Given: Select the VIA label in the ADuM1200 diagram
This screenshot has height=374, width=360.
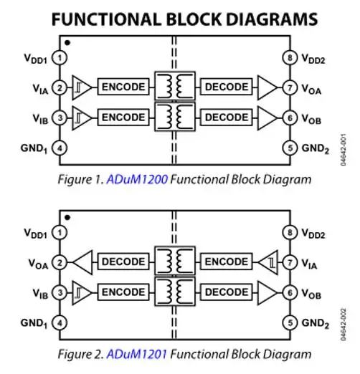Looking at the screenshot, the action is pyautogui.click(x=40, y=89).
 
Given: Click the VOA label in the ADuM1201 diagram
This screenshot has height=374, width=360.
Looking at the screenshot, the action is pyautogui.click(x=38, y=264).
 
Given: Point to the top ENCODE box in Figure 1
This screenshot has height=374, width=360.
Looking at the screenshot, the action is pyautogui.click(x=123, y=87).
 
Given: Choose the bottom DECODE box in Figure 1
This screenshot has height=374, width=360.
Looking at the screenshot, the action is pyautogui.click(x=226, y=118).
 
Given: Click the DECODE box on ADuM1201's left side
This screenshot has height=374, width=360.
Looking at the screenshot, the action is pyautogui.click(x=123, y=262).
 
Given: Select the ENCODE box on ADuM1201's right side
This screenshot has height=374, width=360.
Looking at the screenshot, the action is pyautogui.click(x=226, y=262).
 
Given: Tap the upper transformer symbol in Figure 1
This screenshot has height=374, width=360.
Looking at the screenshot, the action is pyautogui.click(x=175, y=86).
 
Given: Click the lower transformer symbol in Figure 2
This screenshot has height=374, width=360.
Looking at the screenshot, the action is pyautogui.click(x=175, y=292).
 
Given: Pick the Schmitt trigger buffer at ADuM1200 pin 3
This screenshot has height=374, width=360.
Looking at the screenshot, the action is pyautogui.click(x=82, y=118).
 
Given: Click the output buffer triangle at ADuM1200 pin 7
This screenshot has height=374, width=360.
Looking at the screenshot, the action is pyautogui.click(x=267, y=87).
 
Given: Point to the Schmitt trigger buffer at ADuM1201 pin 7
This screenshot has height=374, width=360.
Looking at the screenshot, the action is pyautogui.click(x=268, y=262).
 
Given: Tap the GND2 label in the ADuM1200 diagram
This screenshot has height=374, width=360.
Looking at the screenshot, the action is pyautogui.click(x=316, y=149).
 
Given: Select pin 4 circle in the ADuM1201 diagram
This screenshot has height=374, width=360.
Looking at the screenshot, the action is pyautogui.click(x=60, y=323).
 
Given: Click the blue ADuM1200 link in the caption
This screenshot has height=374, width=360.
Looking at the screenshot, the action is pyautogui.click(x=137, y=179).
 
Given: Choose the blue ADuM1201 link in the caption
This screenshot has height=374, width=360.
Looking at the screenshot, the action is pyautogui.click(x=136, y=354).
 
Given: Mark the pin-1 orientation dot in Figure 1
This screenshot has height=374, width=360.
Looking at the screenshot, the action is pyautogui.click(x=67, y=43).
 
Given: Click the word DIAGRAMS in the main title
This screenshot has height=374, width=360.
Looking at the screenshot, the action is pyautogui.click(x=272, y=19).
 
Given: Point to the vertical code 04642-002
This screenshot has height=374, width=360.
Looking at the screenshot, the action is pyautogui.click(x=343, y=325).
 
